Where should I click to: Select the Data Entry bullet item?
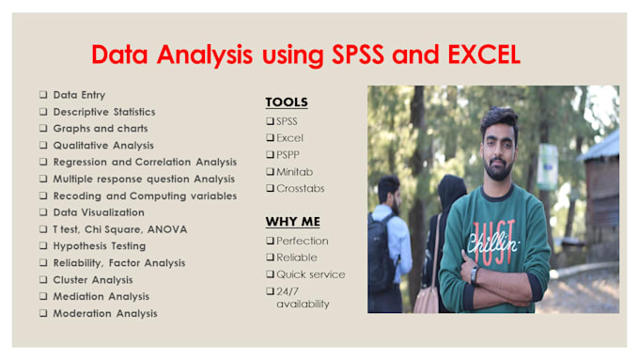pos(78,95)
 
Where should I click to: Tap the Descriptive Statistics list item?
pos(105,112)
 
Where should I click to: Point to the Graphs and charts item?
pos(100,129)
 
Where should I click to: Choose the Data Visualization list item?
pos(99,212)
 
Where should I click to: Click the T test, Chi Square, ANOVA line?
pos(119,229)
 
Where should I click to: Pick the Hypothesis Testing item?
pos(99,246)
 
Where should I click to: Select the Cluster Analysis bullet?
pos(92,280)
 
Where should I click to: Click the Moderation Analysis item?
pos(104,313)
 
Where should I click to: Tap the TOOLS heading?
pos(287,102)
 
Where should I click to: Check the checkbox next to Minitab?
pos(270,171)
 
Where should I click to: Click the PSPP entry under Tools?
pos(289,154)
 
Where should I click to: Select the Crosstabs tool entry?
pos(299,188)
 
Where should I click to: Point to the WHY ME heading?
pos(292,222)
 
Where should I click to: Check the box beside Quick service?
pos(270,274)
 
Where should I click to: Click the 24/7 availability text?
pos(303,297)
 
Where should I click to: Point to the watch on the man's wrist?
pos(475,276)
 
